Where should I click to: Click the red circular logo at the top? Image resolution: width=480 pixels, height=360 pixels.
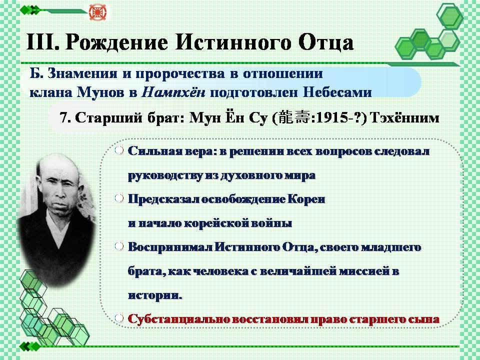(x=97, y=12)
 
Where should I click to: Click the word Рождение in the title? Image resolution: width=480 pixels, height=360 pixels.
(x=117, y=42)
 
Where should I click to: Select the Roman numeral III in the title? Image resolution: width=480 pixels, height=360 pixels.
(x=42, y=41)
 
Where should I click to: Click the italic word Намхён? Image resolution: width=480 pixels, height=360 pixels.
(x=173, y=92)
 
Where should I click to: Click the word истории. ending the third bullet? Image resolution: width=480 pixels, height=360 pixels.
(x=155, y=295)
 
